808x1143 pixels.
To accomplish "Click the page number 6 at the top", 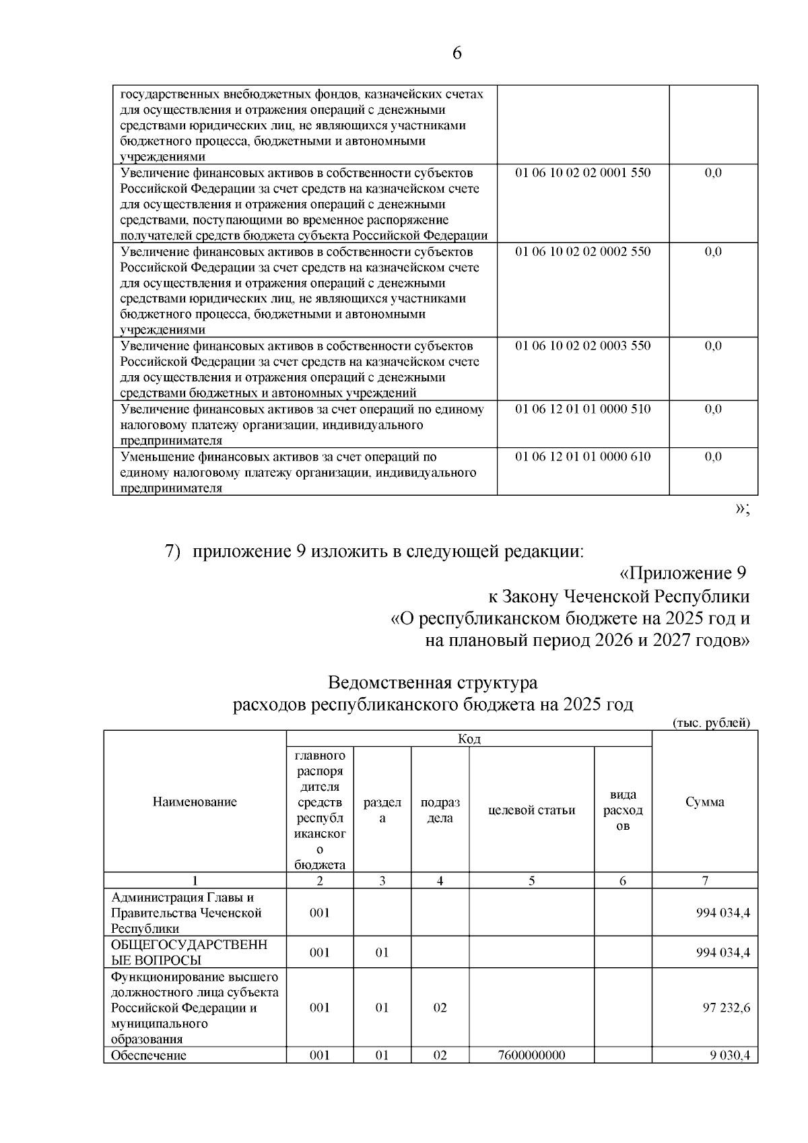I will tap(457, 53).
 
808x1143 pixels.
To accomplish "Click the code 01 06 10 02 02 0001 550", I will tap(582, 172).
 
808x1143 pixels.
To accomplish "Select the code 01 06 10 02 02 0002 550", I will tap(582, 251).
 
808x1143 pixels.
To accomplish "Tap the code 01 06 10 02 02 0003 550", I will tap(582, 346).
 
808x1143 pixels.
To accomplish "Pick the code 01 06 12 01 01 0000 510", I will tap(582, 409).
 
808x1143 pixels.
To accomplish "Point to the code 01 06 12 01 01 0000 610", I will tap(582, 457).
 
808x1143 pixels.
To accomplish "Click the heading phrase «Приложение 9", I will tap(683, 573).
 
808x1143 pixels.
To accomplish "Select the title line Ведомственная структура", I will tap(432, 682).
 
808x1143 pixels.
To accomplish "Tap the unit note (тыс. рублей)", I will tap(711, 723).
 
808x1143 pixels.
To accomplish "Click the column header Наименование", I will tap(195, 802).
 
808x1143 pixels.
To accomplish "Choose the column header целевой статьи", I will tap(531, 810).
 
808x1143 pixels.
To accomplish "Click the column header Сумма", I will tap(704, 802).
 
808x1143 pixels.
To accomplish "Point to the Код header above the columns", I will tap(469, 739).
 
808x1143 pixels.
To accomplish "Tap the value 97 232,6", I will tap(727, 1008).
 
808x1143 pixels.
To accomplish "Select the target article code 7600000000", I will tap(531, 1055).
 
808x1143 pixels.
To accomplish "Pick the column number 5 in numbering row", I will tap(531, 880).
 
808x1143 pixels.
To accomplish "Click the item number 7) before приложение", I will tap(173, 551).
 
